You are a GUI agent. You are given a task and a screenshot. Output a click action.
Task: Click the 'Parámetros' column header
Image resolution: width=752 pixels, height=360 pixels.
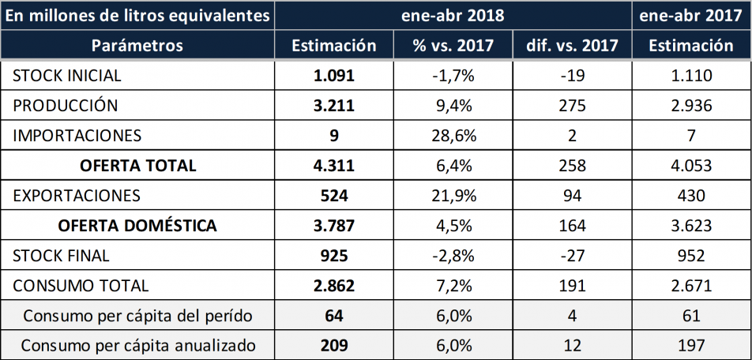[137, 46]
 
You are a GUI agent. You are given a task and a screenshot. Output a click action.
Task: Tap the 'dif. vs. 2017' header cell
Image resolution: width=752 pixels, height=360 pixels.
[572, 46]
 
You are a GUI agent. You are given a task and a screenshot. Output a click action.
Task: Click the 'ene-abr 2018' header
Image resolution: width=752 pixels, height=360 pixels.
[453, 15]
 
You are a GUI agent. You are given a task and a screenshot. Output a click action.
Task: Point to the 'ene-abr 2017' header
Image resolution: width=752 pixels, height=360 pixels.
[691, 15]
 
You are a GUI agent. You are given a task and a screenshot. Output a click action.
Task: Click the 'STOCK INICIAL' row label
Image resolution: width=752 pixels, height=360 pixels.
[67, 77]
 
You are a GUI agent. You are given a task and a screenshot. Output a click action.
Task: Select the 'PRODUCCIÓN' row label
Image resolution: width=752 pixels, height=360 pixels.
[66, 106]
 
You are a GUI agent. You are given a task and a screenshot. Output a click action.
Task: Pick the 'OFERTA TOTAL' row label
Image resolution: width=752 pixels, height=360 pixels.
[137, 166]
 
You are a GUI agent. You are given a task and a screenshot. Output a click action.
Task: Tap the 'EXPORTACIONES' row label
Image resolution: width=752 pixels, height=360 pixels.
[77, 196]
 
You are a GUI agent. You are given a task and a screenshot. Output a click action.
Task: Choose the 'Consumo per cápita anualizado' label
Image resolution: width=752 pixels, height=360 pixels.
[137, 346]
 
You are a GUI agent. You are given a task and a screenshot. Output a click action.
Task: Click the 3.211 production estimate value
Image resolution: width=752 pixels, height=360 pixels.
[334, 106]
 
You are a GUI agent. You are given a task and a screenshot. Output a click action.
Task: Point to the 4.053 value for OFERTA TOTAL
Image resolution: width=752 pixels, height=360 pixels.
[691, 166]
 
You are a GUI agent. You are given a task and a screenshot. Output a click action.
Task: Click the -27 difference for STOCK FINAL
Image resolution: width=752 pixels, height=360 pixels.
[572, 256]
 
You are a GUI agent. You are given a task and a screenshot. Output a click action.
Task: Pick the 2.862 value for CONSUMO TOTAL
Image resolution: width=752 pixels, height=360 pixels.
[334, 286]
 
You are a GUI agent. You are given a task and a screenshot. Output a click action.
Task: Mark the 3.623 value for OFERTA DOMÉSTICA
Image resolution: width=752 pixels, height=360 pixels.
[691, 226]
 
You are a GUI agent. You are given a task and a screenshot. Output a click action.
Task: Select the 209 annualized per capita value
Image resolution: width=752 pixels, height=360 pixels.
[334, 346]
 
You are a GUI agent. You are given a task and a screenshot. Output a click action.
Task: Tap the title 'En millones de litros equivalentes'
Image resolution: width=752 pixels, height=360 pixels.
[137, 15]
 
